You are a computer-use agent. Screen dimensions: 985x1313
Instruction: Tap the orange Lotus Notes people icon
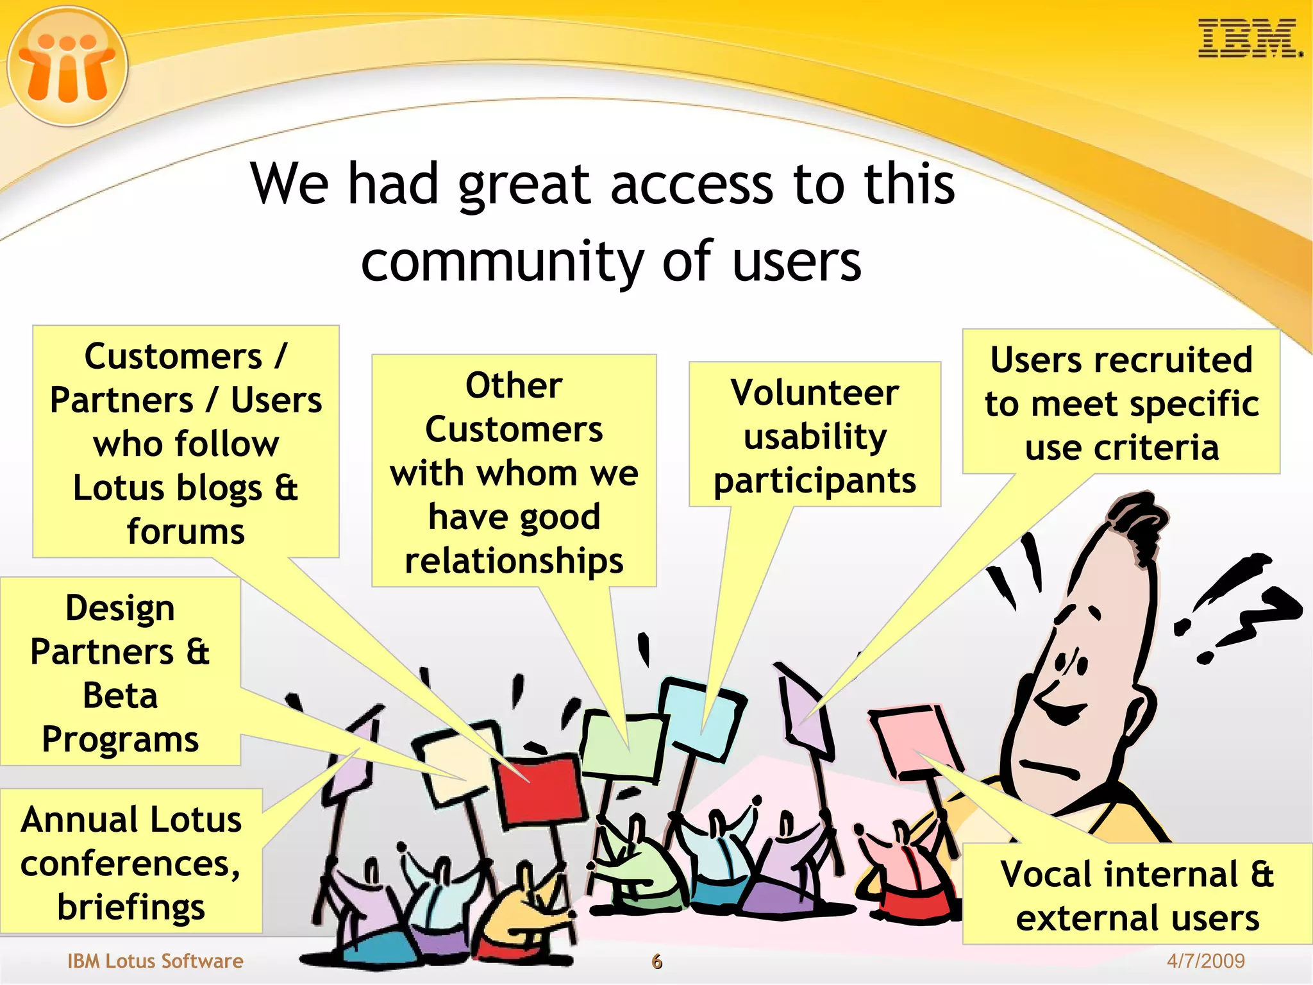[67, 66]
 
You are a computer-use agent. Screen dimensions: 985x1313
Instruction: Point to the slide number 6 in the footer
[656, 961]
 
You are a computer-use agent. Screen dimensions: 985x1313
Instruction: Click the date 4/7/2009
[1205, 960]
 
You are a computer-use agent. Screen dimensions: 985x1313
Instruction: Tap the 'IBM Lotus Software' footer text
[155, 961]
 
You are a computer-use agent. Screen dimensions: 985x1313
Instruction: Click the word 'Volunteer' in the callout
[814, 392]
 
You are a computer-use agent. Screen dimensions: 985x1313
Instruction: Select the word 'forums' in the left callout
[186, 532]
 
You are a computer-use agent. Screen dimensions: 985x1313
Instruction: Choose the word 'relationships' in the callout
[514, 560]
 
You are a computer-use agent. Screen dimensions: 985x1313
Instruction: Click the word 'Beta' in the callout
[120, 696]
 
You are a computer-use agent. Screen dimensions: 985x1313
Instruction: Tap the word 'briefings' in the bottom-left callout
[131, 907]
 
